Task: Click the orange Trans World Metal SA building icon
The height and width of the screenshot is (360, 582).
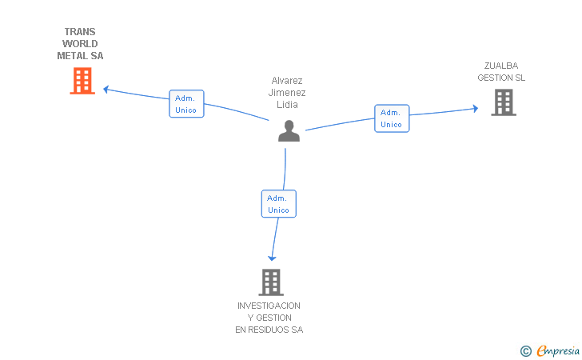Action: point(82,81)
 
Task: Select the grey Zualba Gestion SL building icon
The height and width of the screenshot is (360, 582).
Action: point(503,102)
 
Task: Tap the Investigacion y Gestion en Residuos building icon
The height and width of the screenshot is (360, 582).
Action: point(271,282)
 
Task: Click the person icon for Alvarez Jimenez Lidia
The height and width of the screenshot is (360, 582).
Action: point(289,131)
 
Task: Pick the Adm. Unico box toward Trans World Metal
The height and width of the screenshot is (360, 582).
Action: point(186,104)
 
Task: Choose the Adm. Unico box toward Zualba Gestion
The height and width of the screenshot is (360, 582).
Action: point(392,118)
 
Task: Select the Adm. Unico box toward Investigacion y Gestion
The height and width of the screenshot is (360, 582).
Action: point(278,204)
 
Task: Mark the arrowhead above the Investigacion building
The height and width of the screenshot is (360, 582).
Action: point(272,258)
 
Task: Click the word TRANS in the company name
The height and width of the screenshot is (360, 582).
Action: point(80,33)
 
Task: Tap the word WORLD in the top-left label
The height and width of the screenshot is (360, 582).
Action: point(80,44)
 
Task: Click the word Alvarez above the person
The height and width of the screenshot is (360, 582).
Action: point(287,81)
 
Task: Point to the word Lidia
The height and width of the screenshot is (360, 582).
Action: point(287,105)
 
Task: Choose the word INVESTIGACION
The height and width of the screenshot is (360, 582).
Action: point(269,306)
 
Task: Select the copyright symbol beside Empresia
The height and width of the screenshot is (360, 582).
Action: point(526,350)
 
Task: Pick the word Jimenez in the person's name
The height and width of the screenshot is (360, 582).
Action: point(287,93)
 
